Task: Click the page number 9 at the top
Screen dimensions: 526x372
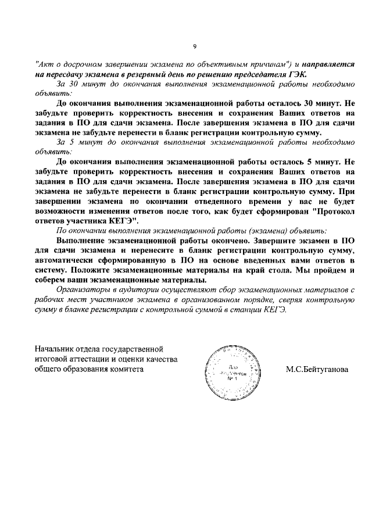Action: (x=195, y=47)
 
